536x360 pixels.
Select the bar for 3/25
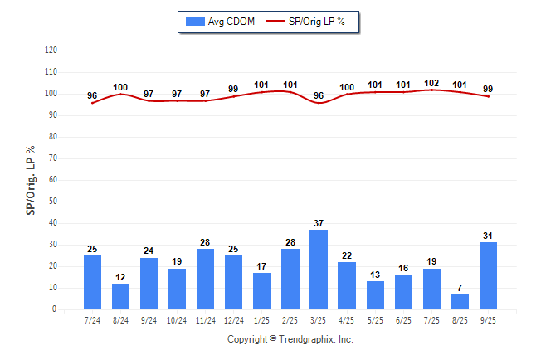(x=319, y=270)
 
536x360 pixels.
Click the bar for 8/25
(x=460, y=302)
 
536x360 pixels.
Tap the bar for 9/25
(x=488, y=276)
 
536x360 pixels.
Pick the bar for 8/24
(x=121, y=296)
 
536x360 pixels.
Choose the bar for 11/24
(x=206, y=280)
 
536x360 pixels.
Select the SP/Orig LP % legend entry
(x=315, y=20)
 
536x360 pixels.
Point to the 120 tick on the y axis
(x=51, y=50)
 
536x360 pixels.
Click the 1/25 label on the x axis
(x=262, y=320)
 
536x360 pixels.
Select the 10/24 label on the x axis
(x=178, y=320)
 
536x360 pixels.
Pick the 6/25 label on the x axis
(x=403, y=320)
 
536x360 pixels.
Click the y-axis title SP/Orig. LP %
(x=31, y=180)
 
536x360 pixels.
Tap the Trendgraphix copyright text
(x=290, y=339)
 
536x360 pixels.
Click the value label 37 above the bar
(x=319, y=223)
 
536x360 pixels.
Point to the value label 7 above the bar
(x=460, y=288)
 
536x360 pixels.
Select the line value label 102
(x=431, y=83)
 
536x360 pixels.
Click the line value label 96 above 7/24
(x=92, y=95)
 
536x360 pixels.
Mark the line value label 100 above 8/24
(x=120, y=87)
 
